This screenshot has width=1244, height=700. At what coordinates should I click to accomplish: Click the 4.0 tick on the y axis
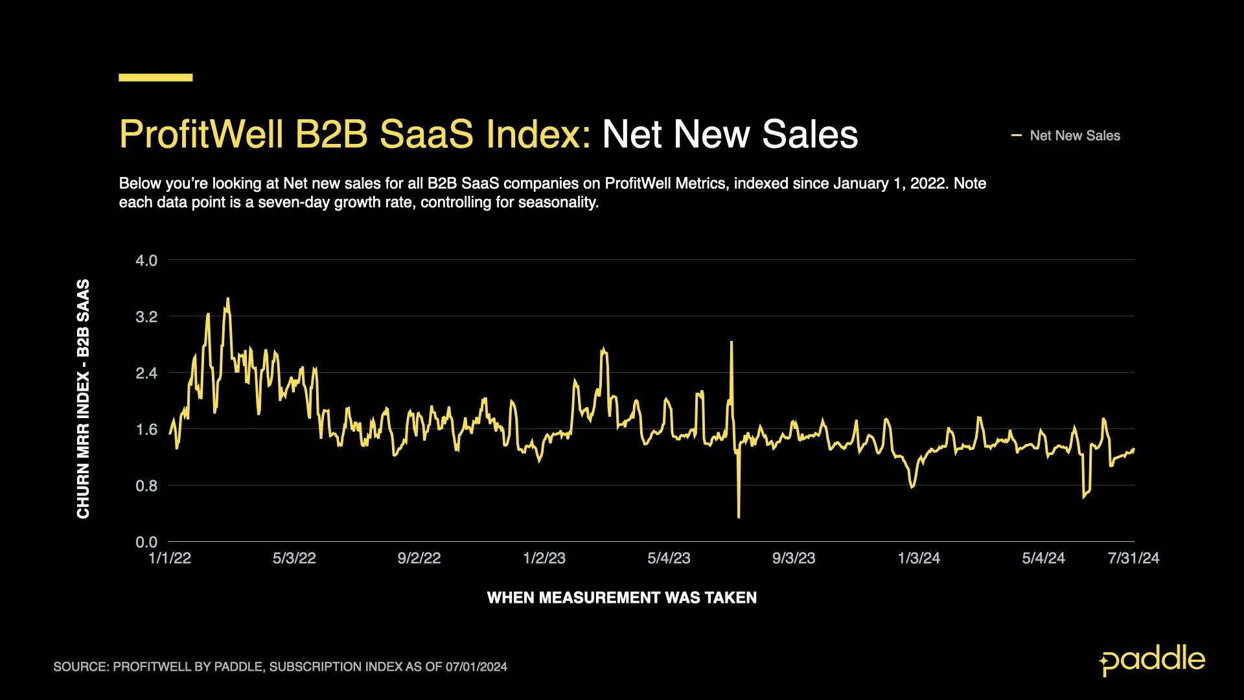(146, 261)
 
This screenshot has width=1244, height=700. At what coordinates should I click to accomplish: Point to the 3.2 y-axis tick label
(146, 317)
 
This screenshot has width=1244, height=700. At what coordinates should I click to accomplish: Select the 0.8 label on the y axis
(146, 486)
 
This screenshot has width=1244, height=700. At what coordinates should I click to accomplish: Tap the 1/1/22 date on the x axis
(170, 559)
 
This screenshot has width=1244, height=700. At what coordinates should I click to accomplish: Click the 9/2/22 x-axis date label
(419, 559)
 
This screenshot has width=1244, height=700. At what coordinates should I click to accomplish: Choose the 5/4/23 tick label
(669, 559)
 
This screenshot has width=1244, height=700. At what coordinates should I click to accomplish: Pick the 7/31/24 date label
(1133, 559)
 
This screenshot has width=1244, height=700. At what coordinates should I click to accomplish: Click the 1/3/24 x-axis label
(918, 559)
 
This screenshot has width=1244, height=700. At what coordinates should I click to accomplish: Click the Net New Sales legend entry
(1074, 136)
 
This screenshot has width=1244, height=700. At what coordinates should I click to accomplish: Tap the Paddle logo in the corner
(1152, 661)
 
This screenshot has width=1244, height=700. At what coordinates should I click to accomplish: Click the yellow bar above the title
(155, 78)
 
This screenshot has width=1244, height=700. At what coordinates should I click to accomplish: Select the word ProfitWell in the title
(202, 135)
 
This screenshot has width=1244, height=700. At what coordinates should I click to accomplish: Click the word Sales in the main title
(810, 135)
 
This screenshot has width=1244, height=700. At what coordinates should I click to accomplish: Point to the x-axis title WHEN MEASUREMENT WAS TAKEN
(621, 598)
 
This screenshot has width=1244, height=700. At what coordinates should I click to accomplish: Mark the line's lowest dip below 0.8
(739, 517)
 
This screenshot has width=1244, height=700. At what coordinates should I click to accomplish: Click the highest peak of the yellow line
(227, 299)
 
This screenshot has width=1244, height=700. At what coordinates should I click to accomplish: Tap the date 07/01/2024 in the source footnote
(476, 667)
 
